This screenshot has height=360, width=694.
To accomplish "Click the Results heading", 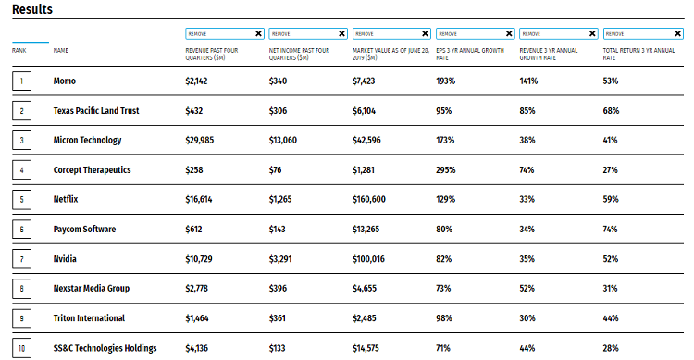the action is (32, 9).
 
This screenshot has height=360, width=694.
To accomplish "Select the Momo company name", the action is (65, 81).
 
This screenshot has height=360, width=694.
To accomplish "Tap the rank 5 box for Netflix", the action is (21, 199).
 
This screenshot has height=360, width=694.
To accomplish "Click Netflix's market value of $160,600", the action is (368, 199).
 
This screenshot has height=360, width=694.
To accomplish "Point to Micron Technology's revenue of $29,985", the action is (200, 141).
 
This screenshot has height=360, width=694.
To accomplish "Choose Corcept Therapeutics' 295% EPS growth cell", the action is (445, 170).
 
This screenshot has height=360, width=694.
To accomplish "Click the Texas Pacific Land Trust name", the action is (96, 111).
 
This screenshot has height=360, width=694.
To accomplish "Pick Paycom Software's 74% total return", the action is (610, 229).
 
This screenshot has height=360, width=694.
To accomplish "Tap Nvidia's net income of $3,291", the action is (280, 259).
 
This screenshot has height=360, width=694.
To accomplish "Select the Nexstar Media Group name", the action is (92, 288).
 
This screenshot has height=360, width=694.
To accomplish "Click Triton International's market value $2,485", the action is (365, 318).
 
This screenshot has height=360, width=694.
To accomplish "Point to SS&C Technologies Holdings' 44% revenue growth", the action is (527, 348).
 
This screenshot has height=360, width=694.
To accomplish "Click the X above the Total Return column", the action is (677, 33).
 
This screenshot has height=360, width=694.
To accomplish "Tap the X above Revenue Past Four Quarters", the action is (258, 33).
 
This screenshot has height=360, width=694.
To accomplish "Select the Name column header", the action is (61, 51).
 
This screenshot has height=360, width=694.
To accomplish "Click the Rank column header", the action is (19, 51).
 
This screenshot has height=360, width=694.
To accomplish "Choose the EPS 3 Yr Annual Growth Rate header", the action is (470, 54).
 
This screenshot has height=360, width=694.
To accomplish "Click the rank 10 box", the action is (21, 348).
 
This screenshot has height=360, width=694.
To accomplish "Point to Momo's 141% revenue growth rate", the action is (528, 81).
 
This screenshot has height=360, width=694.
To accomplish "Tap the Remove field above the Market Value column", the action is (391, 33).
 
